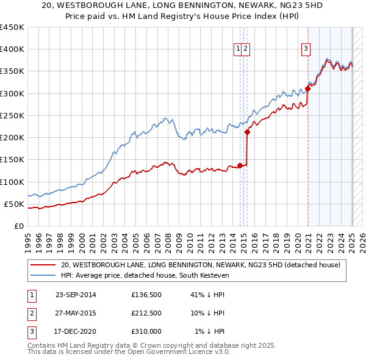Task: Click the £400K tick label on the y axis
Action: tap(12, 49)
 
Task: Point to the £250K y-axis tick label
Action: tap(12, 115)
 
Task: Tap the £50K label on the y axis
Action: tap(15, 204)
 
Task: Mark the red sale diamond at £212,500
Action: tap(247, 132)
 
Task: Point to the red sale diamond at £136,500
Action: tap(240, 165)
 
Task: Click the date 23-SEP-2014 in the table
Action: tap(76, 295)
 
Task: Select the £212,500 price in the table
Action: tap(146, 313)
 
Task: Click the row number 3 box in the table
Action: tap(30, 331)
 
